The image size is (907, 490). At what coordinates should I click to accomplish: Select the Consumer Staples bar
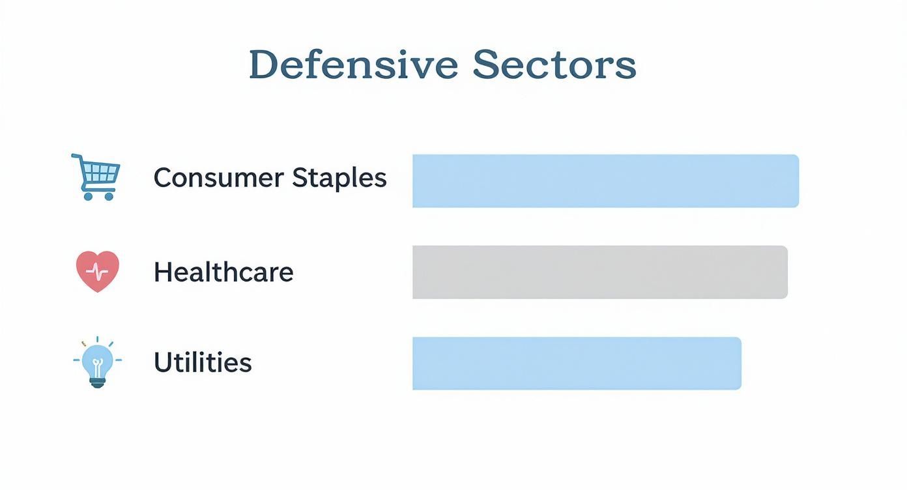(x=605, y=181)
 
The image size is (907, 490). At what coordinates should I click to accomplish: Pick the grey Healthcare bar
(x=599, y=272)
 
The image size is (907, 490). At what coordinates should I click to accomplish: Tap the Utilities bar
(x=577, y=363)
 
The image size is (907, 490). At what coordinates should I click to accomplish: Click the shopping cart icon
(x=96, y=177)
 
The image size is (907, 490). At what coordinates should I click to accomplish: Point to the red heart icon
(x=98, y=270)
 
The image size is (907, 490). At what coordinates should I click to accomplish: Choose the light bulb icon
(x=98, y=363)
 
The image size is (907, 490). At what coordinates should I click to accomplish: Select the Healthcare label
(x=223, y=272)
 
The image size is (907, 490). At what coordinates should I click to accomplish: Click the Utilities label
(x=203, y=362)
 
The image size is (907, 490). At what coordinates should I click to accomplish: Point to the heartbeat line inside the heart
(x=98, y=270)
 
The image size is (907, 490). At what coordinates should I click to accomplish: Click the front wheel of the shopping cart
(x=109, y=195)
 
